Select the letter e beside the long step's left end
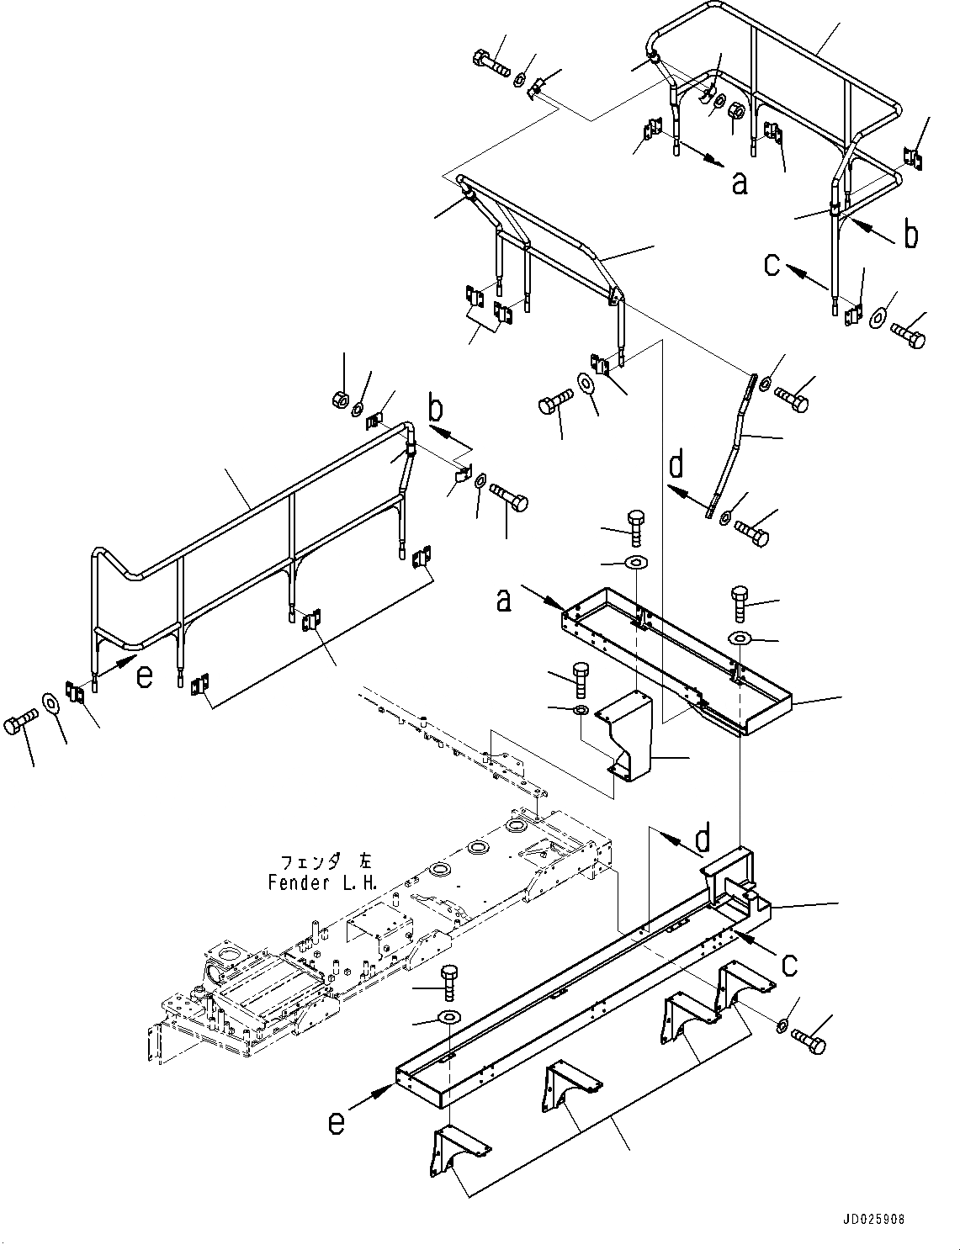click(337, 1123)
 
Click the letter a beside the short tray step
click(503, 601)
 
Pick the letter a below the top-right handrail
click(739, 182)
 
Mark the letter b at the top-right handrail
click(910, 236)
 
